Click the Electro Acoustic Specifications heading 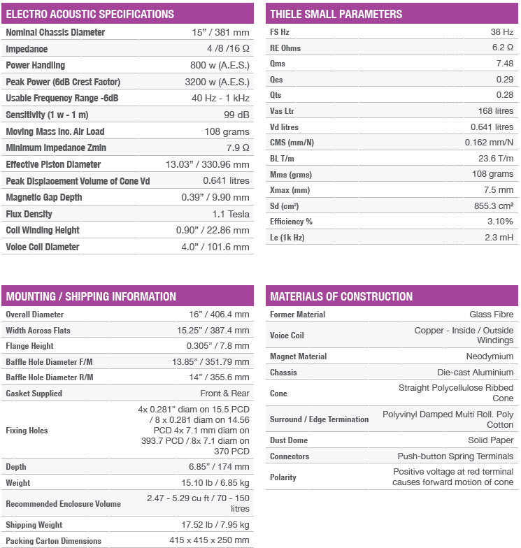[90, 14]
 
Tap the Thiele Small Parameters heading [336, 14]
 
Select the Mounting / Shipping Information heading [91, 296]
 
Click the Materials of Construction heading [341, 296]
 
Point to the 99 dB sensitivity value [236, 115]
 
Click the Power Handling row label [35, 65]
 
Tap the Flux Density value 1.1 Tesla [231, 214]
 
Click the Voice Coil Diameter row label [42, 247]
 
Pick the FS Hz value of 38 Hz [501, 32]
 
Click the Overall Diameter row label [34, 315]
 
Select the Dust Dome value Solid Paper [491, 440]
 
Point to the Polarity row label [283, 477]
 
